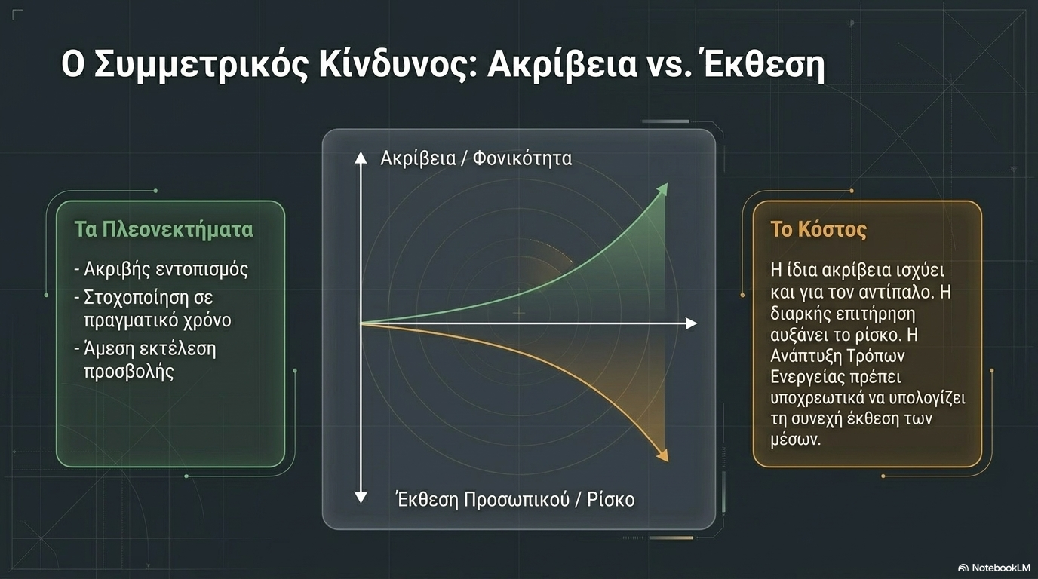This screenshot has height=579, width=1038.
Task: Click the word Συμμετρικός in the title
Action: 201,66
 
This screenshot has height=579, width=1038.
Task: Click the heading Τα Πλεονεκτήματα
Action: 164,230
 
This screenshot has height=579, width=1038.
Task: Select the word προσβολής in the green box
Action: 129,372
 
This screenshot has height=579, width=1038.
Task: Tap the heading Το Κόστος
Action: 818,230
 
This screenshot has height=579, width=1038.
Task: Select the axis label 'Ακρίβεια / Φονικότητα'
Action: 476,159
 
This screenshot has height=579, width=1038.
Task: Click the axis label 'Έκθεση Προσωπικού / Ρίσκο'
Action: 516,500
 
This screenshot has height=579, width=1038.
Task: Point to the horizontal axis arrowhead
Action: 691,323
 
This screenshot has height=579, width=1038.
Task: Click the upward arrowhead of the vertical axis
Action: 361,158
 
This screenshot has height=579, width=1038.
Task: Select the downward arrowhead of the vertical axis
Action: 361,498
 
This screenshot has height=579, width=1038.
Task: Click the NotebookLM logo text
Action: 1000,568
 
